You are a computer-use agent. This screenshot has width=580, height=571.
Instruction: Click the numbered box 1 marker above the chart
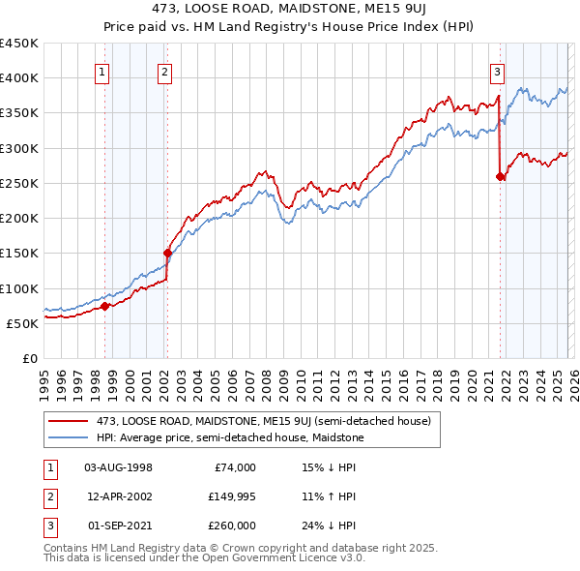pos(102,71)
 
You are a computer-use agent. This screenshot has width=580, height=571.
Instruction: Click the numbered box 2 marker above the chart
pos(165,71)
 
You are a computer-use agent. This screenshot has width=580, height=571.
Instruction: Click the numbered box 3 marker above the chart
pos(497,71)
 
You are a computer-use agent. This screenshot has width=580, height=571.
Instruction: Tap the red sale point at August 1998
pos(104,306)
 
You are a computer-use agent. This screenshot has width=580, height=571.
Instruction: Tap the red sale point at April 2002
pos(167,254)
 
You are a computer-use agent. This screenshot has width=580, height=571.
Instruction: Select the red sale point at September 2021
pos(500,176)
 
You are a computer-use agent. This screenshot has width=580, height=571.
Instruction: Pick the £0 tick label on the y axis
pos(29,358)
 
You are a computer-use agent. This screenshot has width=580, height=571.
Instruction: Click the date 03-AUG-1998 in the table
pos(119,467)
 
